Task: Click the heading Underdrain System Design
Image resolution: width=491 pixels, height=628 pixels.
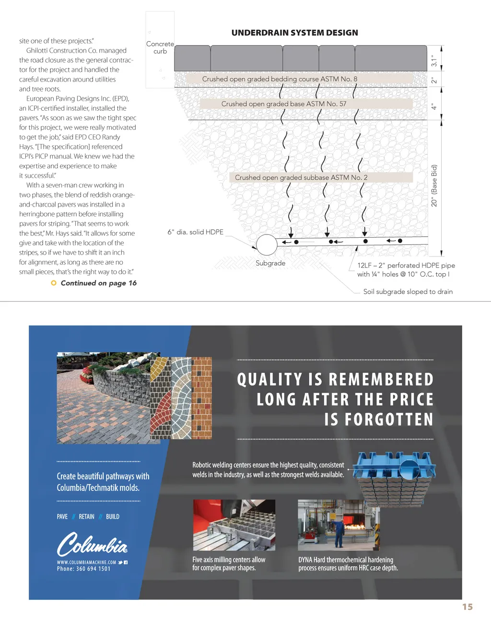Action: (x=294, y=33)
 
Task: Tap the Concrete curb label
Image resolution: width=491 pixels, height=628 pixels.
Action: (x=160, y=47)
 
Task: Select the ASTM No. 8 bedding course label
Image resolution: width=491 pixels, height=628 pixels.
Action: (x=280, y=79)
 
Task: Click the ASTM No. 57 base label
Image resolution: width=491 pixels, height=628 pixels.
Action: (x=283, y=104)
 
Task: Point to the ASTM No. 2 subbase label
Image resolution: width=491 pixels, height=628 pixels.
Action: (x=301, y=177)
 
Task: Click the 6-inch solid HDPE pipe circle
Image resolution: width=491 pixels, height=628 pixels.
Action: (x=267, y=245)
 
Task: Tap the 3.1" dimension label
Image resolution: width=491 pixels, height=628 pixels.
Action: (x=434, y=60)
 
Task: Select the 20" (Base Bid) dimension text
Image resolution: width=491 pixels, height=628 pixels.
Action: (x=434, y=186)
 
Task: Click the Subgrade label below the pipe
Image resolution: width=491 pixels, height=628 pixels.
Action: (x=270, y=263)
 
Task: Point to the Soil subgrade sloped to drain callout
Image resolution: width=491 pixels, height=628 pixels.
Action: (x=408, y=291)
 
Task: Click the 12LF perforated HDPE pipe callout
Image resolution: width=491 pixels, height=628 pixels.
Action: (x=406, y=269)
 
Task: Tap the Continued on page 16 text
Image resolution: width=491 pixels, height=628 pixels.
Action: (x=98, y=283)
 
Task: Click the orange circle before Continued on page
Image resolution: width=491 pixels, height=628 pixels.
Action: (x=54, y=283)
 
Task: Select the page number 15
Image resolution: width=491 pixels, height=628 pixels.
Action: (x=467, y=607)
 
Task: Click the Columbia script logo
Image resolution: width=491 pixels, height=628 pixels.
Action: (x=93, y=544)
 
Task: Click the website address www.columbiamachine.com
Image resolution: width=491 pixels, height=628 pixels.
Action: (x=87, y=562)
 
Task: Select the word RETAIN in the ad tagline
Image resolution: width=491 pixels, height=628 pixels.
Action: (x=87, y=516)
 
